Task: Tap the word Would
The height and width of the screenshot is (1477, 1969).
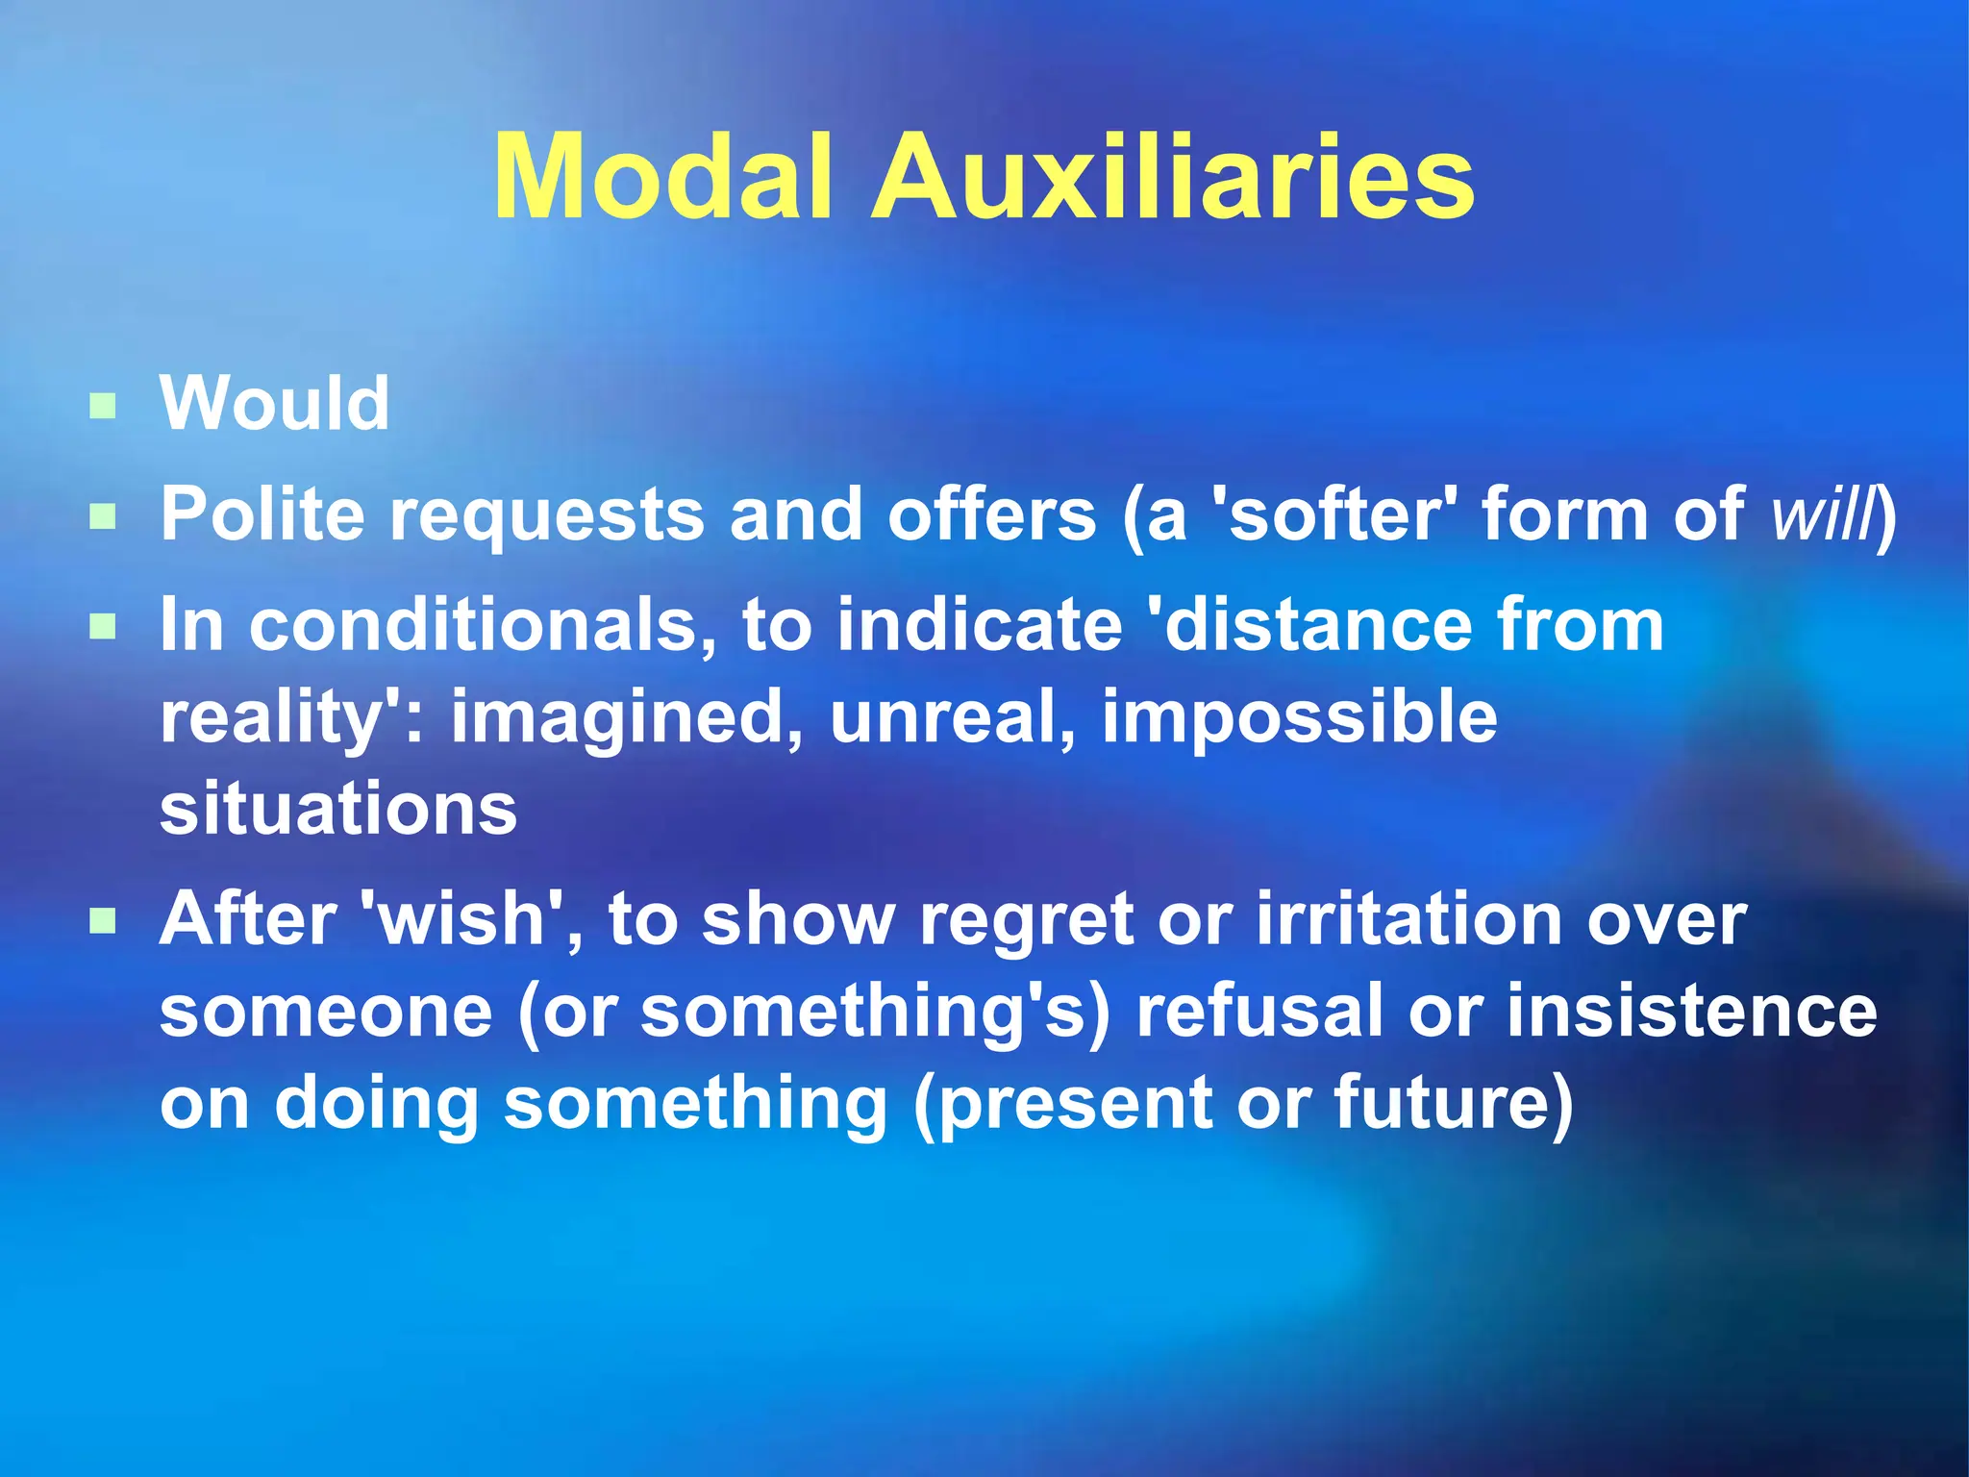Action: pos(275,404)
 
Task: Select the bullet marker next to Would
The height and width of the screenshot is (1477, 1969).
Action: pos(102,406)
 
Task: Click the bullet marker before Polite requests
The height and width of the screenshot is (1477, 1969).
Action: pos(102,517)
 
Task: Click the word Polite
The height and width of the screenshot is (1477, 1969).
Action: pos(262,514)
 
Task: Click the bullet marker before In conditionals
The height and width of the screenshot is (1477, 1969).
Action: pos(102,628)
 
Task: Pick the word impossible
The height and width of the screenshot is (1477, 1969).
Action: pos(1299,717)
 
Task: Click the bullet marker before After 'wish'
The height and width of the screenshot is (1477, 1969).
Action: pos(102,923)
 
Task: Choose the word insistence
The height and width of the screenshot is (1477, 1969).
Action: pos(1691,1011)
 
